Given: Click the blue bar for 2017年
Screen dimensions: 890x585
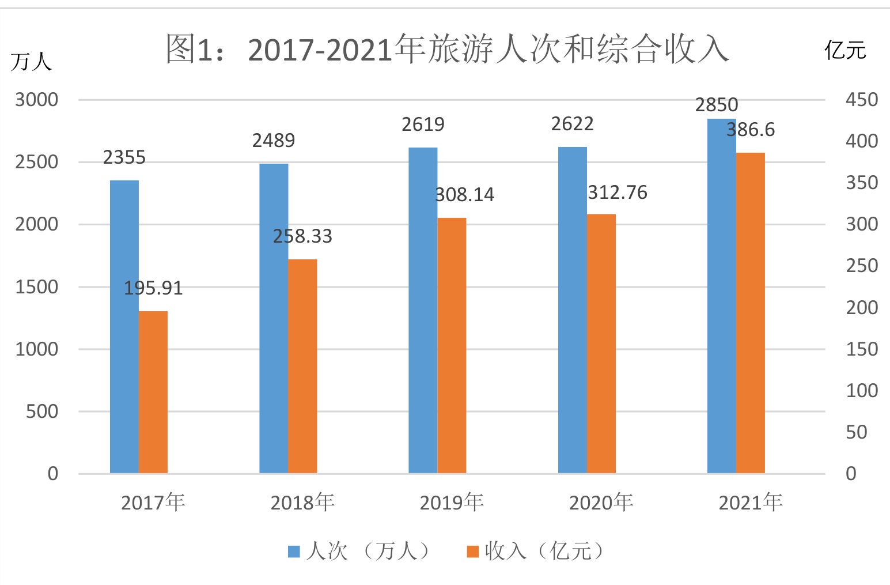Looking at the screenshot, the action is pos(124,327).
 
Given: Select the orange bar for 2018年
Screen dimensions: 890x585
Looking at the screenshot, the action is pos(303,367).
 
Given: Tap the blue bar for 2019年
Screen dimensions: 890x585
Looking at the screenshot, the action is pos(423,311).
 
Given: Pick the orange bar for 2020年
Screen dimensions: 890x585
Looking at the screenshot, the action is pos(601,344).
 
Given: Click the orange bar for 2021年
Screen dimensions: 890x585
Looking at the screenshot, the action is pos(751,313).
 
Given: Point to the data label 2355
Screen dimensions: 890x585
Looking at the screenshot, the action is pos(124,157).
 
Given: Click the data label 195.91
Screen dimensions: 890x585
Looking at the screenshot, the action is pos(153,288).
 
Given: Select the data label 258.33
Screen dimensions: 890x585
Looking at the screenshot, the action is pos(302,236).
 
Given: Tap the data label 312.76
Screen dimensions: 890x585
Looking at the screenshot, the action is pos(618,193).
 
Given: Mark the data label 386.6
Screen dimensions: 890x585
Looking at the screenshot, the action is pos(751,130).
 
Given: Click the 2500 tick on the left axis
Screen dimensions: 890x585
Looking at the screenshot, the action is pos(36,162).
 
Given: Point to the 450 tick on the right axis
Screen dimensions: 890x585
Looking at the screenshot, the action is pos(862,99).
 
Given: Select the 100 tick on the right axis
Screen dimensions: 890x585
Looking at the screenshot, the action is pos(862,391).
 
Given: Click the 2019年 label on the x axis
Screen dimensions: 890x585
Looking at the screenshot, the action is pos(452,503).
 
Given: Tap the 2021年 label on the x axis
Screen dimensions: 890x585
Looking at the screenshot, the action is pos(751,503).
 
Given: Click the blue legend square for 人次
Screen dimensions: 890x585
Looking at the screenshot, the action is pos(294,552).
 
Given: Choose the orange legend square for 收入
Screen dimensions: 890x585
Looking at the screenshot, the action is pos(473,552).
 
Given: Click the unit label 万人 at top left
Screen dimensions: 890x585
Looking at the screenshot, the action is pos(31,62).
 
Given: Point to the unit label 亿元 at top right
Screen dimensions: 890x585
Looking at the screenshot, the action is pos(845,50).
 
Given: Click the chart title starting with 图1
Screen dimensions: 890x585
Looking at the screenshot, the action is pos(448,50).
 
